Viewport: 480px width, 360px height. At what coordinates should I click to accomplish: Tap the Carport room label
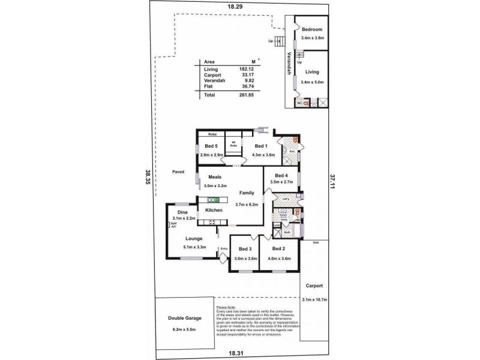[315, 286]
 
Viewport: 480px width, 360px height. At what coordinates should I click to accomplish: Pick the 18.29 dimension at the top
[235, 6]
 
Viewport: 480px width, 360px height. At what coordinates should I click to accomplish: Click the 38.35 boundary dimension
[147, 178]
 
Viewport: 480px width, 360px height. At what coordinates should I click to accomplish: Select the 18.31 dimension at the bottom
[235, 354]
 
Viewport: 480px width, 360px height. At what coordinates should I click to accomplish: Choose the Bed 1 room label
[261, 146]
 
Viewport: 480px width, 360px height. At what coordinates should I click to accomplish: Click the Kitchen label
[214, 210]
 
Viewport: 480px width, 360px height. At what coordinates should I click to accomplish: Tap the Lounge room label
[194, 238]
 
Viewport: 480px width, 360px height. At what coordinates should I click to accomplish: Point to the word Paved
[178, 172]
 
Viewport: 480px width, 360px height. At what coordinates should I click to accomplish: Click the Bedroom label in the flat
[313, 30]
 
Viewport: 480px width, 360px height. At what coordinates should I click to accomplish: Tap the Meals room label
[216, 177]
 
